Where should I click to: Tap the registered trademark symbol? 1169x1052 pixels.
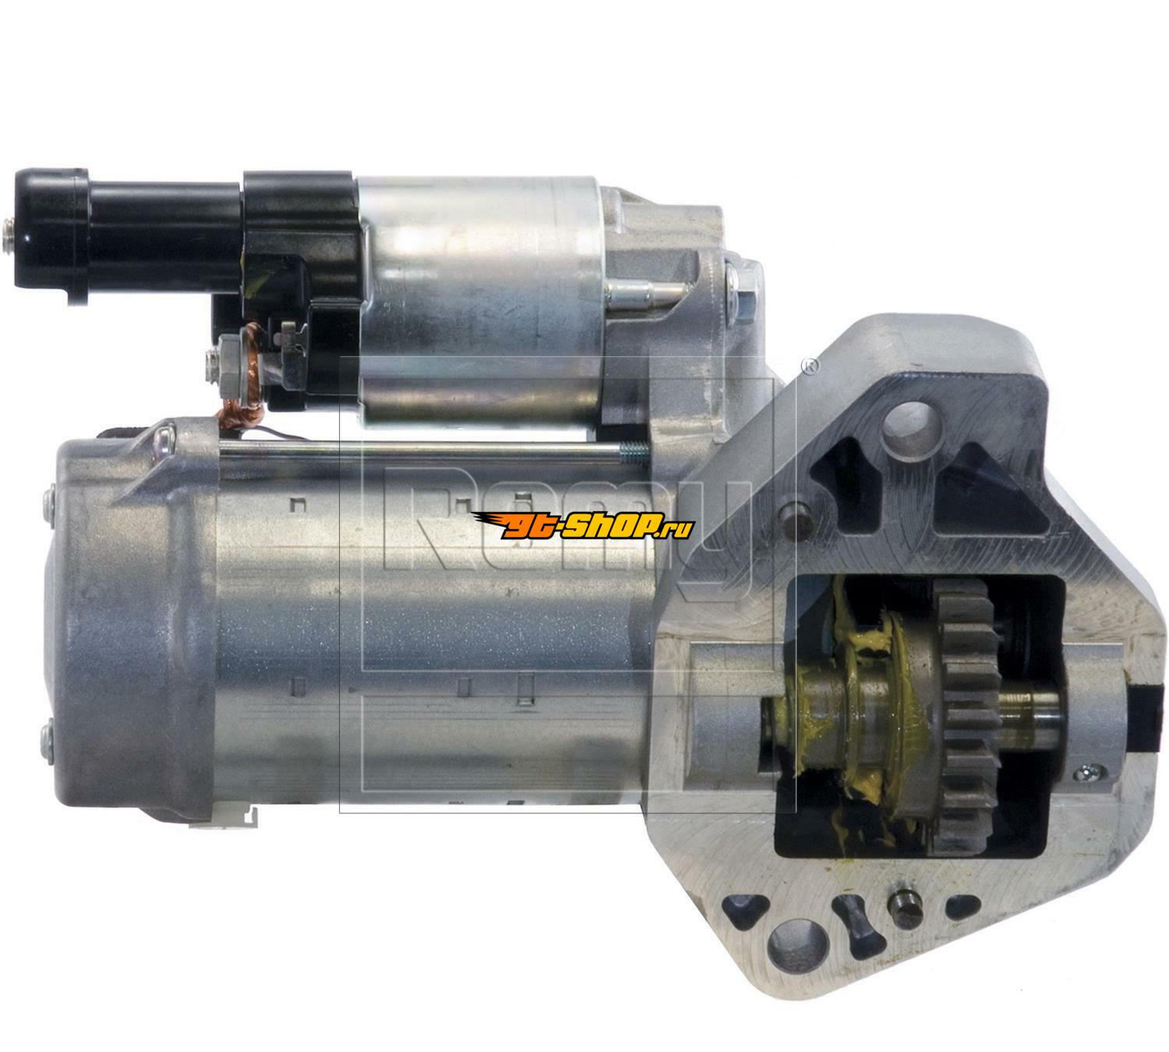(x=810, y=365)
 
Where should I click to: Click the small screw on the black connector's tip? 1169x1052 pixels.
(x=8, y=235)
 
